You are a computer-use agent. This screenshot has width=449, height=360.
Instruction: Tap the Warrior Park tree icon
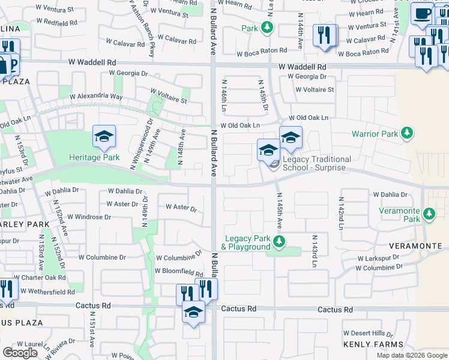click(x=408, y=133)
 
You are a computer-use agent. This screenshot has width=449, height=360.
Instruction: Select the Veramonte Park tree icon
click(x=429, y=214)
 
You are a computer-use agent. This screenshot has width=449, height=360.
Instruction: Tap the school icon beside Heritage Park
click(x=104, y=139)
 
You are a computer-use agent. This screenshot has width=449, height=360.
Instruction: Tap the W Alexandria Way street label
click(x=96, y=97)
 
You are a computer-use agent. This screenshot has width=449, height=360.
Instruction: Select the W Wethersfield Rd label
click(x=47, y=292)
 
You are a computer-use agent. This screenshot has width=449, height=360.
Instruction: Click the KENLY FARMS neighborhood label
click(x=373, y=344)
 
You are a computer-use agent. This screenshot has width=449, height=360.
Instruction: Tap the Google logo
click(x=20, y=353)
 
